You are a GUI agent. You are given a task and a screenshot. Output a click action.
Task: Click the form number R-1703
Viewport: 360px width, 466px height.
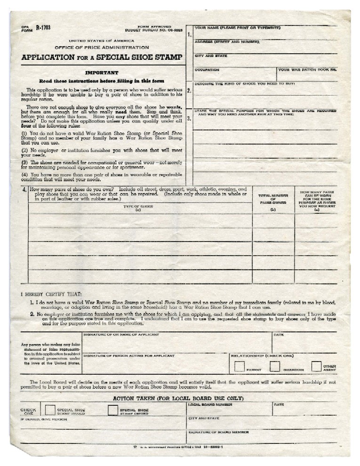pos(43,28)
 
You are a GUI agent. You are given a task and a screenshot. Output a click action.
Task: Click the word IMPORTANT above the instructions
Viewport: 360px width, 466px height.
pos(101,73)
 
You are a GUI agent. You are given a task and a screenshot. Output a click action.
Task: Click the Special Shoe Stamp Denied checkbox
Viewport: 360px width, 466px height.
pos(112,410)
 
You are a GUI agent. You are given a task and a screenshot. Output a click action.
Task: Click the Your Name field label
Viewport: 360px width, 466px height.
pos(238,28)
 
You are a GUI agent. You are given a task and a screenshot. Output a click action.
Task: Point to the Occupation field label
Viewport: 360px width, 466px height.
pos(207,70)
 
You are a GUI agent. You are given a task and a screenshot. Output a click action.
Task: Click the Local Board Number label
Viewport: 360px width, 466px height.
pos(210,404)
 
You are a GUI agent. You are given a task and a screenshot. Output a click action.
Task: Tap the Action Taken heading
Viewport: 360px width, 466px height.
pos(178,398)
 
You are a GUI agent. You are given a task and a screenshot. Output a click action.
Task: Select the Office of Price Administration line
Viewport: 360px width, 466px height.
pos(102,48)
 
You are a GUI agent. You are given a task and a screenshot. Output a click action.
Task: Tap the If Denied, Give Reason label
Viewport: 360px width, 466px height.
pos(43,418)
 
